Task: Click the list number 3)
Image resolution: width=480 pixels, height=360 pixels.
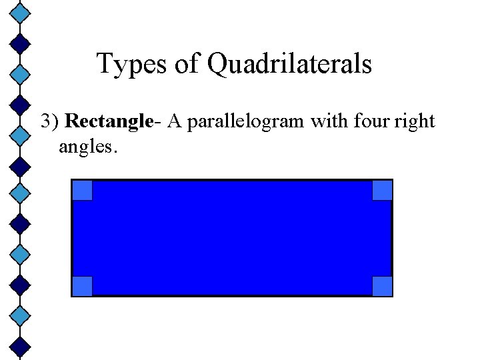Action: point(51,122)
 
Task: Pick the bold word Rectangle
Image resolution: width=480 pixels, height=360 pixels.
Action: point(110,122)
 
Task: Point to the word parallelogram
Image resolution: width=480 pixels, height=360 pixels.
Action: point(244,122)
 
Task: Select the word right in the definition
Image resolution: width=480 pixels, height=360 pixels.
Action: point(415,122)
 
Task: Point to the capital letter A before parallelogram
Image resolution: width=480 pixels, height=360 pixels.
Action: point(175,122)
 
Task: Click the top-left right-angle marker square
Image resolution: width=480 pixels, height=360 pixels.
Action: point(82,191)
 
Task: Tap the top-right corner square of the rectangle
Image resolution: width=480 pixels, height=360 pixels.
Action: point(382,191)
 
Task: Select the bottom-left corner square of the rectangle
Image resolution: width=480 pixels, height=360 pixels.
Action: point(82,285)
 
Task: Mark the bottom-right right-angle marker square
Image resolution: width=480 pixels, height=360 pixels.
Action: point(382,285)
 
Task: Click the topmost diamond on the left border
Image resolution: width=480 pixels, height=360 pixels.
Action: point(21,11)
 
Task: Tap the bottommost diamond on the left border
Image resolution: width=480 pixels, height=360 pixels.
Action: point(21,345)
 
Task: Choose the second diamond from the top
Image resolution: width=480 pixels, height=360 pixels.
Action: point(21,43)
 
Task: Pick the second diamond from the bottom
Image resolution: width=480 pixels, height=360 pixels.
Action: point(21,313)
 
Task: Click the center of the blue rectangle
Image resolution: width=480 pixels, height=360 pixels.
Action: point(232,238)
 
